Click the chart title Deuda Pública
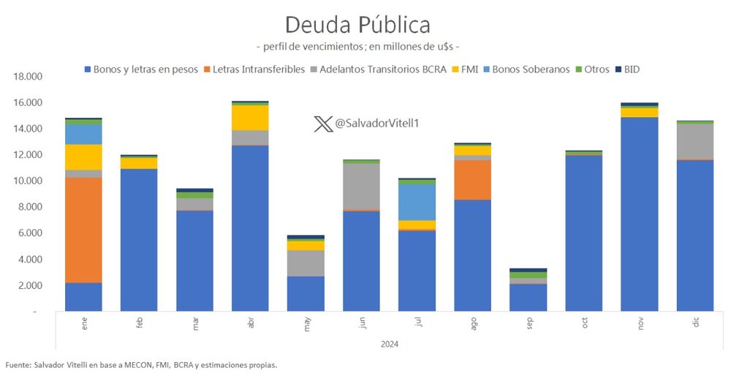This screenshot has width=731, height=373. (357, 24)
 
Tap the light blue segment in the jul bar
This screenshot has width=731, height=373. (417, 202)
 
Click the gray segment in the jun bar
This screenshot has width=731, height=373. (361, 186)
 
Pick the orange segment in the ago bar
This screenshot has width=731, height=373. (472, 179)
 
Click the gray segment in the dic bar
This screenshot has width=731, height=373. (694, 141)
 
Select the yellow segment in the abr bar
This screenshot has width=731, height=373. (250, 118)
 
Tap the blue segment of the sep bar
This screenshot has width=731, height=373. (528, 297)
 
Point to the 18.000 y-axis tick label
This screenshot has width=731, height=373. (29, 77)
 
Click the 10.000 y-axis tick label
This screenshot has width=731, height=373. (29, 181)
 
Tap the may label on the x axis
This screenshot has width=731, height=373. (306, 323)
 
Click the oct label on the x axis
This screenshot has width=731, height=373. (584, 323)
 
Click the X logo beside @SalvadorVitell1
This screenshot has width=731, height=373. (322, 124)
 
